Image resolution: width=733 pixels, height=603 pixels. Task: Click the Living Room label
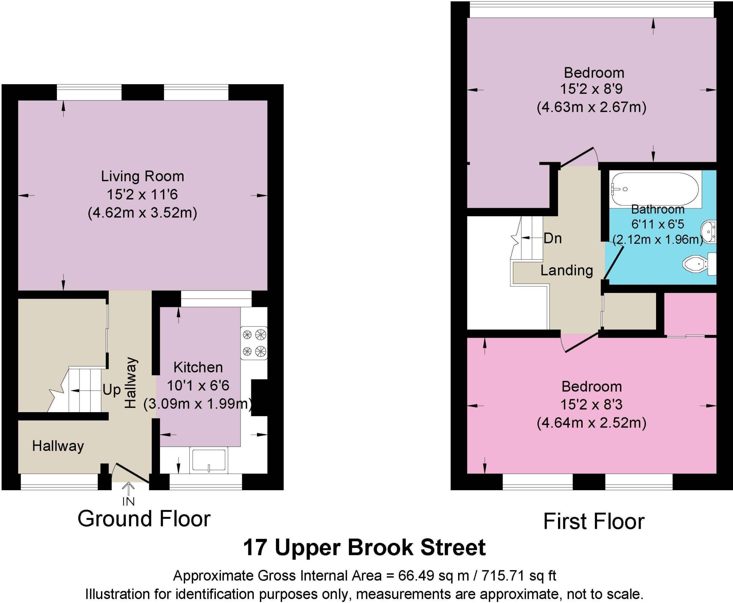[x=142, y=176]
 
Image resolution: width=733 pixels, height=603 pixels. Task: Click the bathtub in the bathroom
[x=654, y=189]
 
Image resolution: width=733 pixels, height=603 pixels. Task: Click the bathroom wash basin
[x=708, y=232]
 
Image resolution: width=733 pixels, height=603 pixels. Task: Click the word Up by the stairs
[x=111, y=390]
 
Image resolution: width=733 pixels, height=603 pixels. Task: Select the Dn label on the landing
[x=552, y=238]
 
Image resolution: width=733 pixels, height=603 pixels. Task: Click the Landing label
[x=566, y=270]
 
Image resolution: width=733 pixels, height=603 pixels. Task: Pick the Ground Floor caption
[x=144, y=519]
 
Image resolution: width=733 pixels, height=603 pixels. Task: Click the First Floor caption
[x=593, y=522]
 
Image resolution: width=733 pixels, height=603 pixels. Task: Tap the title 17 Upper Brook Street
[x=364, y=547]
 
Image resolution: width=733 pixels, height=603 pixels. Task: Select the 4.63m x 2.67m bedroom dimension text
[x=591, y=107]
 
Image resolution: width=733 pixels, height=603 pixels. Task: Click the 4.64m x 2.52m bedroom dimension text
[x=591, y=423]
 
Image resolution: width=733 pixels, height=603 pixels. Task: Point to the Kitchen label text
[x=198, y=367]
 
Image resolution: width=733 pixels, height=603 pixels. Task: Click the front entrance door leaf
[x=131, y=473]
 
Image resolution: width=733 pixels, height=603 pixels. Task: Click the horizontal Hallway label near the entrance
[x=58, y=446]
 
